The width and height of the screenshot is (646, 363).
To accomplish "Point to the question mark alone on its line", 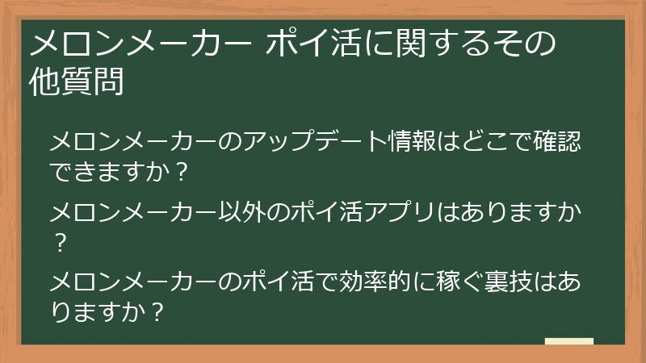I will click(x=57, y=241).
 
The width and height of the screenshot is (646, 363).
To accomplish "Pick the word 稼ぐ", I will click(x=464, y=283).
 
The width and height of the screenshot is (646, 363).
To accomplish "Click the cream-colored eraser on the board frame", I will click(x=569, y=341).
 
